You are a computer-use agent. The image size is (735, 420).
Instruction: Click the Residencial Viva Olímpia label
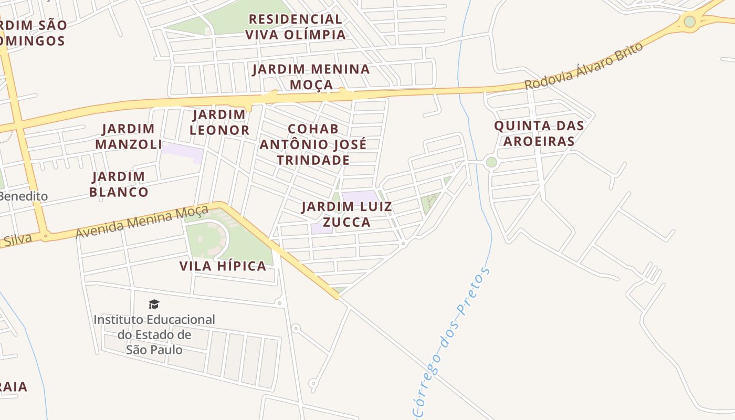click(x=296, y=27)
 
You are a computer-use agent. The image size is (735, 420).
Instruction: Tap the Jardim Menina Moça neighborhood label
click(x=311, y=77)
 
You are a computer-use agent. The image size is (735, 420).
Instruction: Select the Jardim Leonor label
click(x=219, y=122)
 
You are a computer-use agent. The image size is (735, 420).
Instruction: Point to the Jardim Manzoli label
click(x=128, y=136)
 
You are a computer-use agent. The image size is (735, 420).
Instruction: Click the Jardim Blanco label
click(x=119, y=184)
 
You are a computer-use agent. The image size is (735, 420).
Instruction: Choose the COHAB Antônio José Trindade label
click(x=313, y=144)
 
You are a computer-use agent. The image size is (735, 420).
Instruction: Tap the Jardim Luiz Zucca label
click(x=346, y=214)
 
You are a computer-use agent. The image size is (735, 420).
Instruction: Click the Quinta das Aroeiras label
click(x=539, y=133)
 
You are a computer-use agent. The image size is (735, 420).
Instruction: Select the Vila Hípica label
click(x=223, y=266)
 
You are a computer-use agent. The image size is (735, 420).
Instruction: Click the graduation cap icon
click(x=154, y=304)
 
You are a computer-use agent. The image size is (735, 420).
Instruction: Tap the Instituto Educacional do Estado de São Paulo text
click(x=154, y=334)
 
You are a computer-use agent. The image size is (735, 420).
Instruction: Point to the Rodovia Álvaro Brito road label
click(x=584, y=66)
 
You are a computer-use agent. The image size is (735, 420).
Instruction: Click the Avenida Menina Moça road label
click(x=142, y=222)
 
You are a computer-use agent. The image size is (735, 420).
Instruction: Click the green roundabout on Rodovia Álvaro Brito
click(x=689, y=22)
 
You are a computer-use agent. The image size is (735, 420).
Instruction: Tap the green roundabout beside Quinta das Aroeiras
click(x=491, y=162)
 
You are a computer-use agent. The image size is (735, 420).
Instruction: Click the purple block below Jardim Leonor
click(x=182, y=152)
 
